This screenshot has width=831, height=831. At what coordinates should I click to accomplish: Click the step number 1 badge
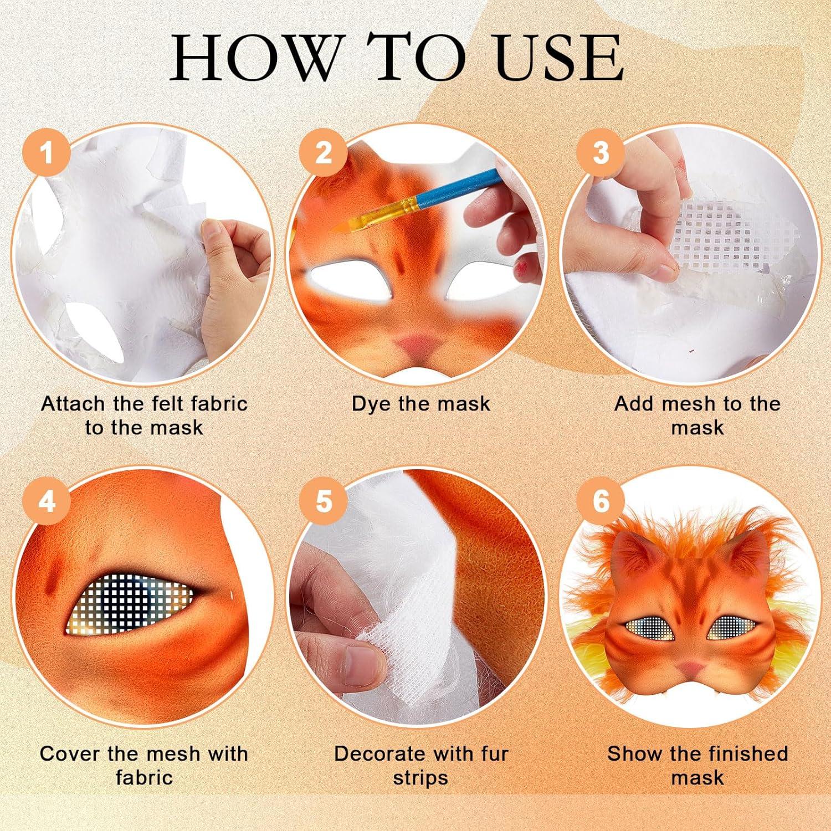click(x=47, y=152)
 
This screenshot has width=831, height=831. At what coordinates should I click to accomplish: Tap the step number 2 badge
click(x=324, y=152)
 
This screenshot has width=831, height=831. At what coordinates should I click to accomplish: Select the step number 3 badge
click(x=601, y=152)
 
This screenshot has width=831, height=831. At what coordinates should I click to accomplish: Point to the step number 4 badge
click(x=47, y=501)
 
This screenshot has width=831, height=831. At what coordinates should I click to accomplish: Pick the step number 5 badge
click(x=324, y=501)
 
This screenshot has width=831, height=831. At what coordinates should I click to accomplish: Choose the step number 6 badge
click(x=601, y=501)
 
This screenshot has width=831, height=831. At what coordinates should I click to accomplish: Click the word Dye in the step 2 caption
click(x=372, y=404)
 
